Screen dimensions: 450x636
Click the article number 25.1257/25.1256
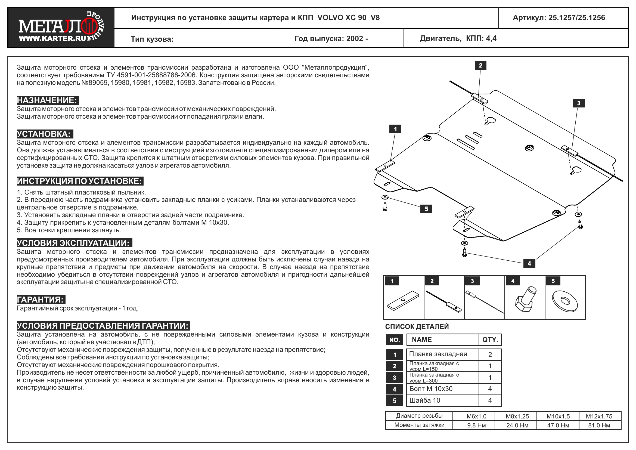coord(559,18)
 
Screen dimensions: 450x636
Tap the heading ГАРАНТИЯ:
coord(41,300)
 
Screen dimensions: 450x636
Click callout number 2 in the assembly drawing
coord(480,66)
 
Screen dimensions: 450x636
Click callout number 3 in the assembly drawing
coord(578,103)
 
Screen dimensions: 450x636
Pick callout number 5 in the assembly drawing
coord(426,209)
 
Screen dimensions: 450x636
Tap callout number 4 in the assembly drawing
coord(529,263)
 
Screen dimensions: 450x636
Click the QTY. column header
coord(490,340)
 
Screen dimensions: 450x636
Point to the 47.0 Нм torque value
coord(558,425)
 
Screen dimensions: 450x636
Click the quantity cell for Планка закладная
coord(490,355)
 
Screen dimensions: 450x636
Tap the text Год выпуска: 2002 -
coord(331,39)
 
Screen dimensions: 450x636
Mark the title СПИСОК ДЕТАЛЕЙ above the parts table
coord(417,326)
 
